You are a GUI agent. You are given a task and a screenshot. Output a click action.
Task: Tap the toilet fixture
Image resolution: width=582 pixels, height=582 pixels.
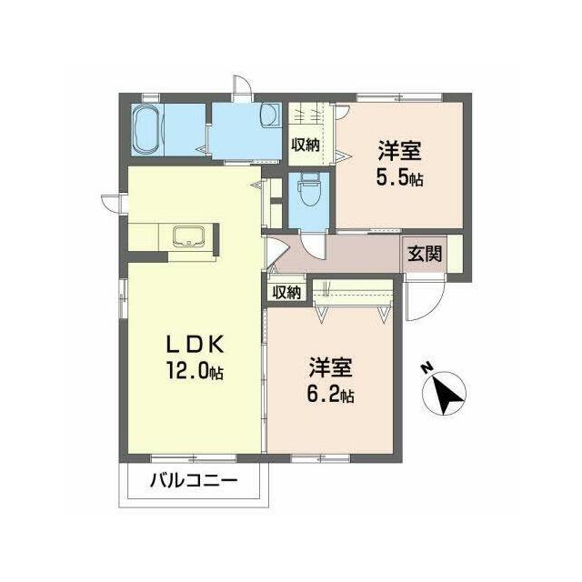[x=309, y=189]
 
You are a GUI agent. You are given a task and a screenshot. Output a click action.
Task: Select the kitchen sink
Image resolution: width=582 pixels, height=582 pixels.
[x=188, y=236]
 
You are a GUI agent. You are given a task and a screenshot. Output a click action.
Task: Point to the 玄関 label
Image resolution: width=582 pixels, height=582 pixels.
[x=425, y=254]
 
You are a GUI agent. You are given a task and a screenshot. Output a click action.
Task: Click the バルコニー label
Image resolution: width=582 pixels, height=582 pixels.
[x=194, y=481]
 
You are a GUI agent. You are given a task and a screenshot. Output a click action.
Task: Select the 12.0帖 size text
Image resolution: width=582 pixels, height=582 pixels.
[x=195, y=371]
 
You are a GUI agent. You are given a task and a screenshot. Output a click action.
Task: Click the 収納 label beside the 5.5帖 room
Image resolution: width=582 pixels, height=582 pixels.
[x=306, y=145]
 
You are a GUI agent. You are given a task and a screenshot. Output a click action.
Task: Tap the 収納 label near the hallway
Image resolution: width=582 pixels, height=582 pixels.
[x=286, y=293]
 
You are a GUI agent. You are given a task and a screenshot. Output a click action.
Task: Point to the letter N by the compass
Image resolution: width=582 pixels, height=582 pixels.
[x=427, y=367]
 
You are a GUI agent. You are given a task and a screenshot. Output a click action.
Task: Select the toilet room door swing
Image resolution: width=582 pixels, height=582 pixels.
[x=312, y=246]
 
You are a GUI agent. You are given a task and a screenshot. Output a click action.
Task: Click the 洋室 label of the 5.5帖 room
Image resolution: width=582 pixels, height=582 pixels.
[x=400, y=150]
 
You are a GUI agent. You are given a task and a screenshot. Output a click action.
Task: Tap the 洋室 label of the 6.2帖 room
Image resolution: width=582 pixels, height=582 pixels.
[x=330, y=366]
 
